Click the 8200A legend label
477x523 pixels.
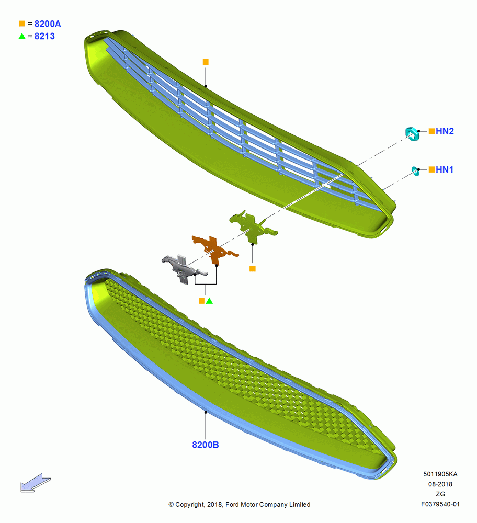point(48,24)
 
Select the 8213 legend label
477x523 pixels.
point(44,37)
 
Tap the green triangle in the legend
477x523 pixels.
point(22,36)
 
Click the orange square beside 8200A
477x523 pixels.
point(22,24)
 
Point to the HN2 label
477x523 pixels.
point(445,131)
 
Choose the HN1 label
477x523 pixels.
point(444,170)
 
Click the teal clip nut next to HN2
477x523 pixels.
point(412,134)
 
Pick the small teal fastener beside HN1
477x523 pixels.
point(416,171)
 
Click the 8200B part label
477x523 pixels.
point(206,445)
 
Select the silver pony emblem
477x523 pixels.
point(183,268)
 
